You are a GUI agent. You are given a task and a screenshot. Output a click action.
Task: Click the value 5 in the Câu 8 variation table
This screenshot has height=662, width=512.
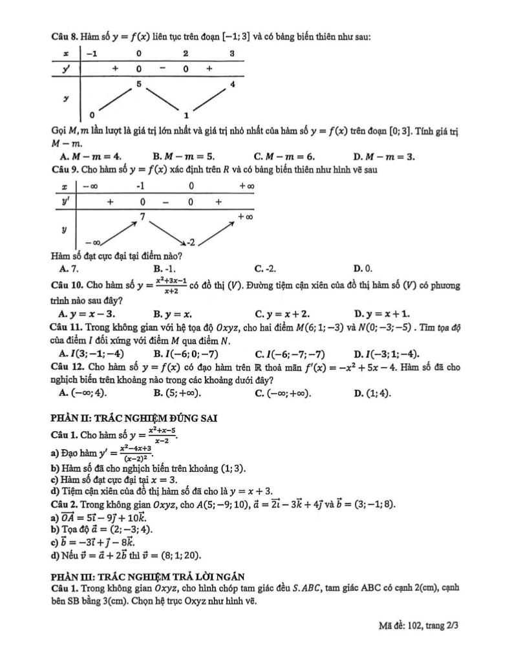click(139, 84)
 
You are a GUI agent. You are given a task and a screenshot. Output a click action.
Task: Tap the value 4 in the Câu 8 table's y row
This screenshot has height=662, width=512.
click(232, 85)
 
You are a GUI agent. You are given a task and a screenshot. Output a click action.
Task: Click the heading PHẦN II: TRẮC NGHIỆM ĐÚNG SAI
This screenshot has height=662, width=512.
click(133, 418)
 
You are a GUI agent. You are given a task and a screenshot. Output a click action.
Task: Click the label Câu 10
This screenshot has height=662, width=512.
click(65, 284)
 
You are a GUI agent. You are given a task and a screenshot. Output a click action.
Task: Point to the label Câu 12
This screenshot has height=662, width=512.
click(65, 367)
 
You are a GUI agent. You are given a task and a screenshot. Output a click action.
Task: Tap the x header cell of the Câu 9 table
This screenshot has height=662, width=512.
click(64, 186)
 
